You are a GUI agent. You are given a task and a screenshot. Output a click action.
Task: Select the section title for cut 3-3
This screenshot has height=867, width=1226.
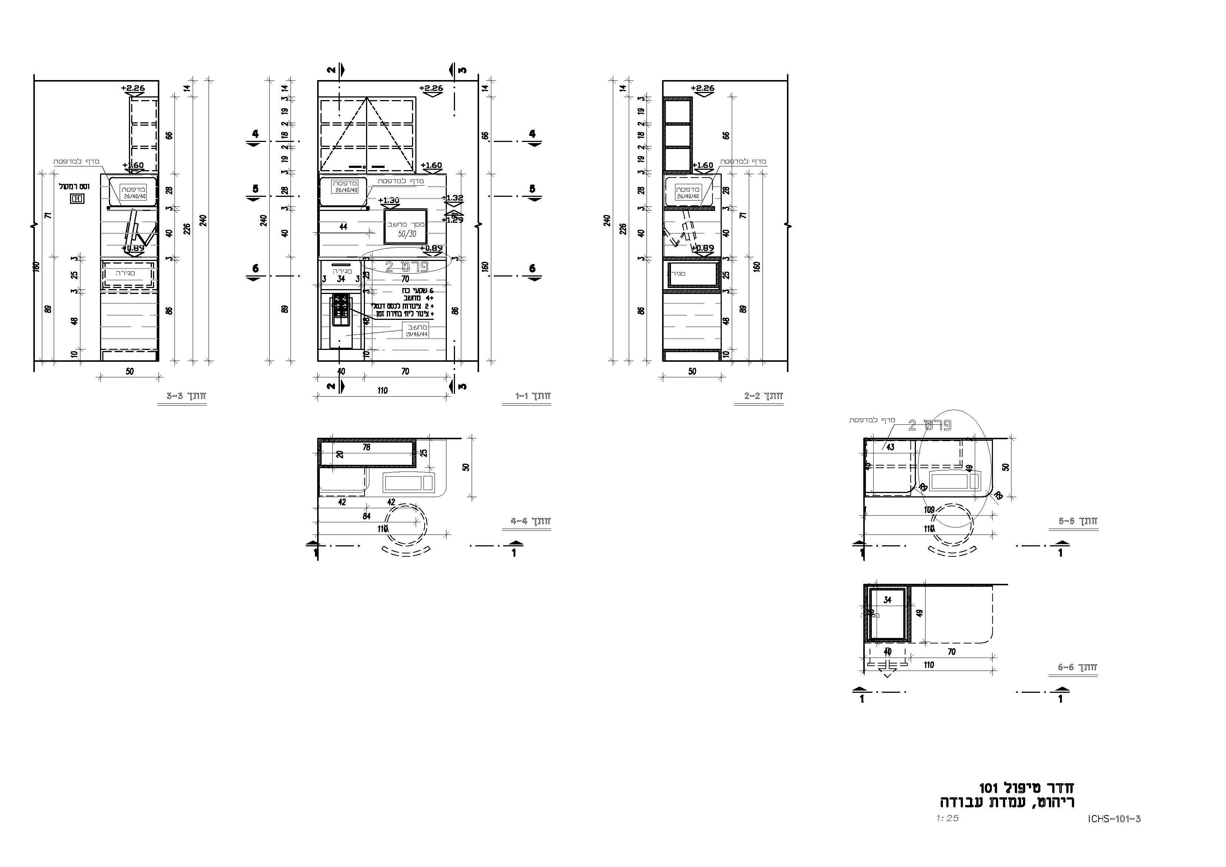coord(186,396)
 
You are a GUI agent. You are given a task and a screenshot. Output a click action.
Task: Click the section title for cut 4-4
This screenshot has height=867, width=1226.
coord(530,521)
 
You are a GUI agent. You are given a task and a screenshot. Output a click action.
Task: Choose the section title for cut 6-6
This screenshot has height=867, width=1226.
coord(1077,667)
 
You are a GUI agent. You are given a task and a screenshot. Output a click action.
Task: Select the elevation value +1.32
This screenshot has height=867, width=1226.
coord(453,198)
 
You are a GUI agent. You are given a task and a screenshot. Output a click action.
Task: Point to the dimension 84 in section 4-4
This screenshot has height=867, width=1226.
coord(366,516)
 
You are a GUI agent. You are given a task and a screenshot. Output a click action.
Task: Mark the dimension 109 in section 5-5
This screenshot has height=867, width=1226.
coord(929,510)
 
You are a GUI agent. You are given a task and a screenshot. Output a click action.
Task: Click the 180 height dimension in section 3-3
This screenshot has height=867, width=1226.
coord(37,267)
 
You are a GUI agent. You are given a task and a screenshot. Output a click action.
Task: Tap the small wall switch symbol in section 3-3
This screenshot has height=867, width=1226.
coord(77,199)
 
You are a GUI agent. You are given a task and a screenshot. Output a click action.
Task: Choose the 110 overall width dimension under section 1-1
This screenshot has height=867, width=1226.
coord(382,390)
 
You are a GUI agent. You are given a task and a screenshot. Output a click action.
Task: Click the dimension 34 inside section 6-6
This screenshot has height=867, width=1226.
coord(887,600)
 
